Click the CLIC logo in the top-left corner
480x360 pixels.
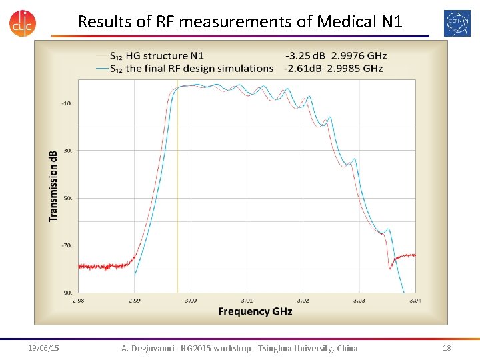pyautogui.click(x=23, y=22)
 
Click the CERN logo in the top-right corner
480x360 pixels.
pyautogui.click(x=457, y=23)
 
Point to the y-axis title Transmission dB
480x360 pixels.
pyautogui.click(x=53, y=185)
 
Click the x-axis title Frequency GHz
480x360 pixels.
pyautogui.click(x=255, y=311)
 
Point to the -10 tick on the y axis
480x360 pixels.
pyautogui.click(x=67, y=103)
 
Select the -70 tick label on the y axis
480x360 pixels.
pyautogui.click(x=67, y=246)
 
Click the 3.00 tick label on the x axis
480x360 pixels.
pyautogui.click(x=191, y=301)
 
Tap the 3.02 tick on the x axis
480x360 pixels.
pyautogui.click(x=303, y=301)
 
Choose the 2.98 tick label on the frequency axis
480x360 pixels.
pyautogui.click(x=79, y=301)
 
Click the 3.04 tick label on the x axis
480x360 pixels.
pyautogui.click(x=415, y=301)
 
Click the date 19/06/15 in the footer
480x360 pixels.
pyautogui.click(x=44, y=348)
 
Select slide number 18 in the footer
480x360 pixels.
pyautogui.click(x=446, y=348)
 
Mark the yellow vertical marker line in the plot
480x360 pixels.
pyautogui.click(x=177, y=200)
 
